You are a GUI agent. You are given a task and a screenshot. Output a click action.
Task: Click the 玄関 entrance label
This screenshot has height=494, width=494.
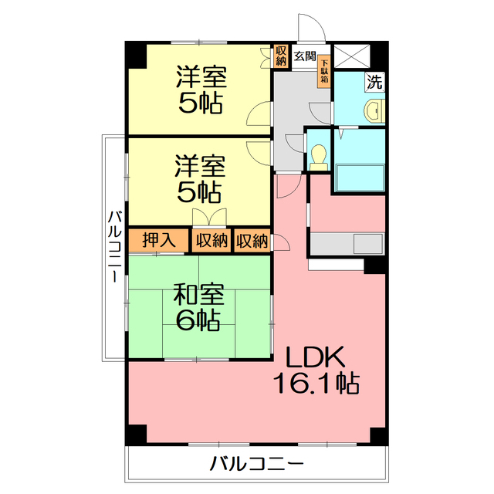pyautogui.click(x=305, y=56)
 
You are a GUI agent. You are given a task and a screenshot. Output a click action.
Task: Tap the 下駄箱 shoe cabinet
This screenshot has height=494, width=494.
pyautogui.click(x=324, y=71)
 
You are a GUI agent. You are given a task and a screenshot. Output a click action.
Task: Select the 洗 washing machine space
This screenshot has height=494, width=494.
pyautogui.click(x=374, y=82)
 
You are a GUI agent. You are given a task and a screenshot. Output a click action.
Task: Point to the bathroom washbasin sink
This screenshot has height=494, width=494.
pyautogui.click(x=374, y=110)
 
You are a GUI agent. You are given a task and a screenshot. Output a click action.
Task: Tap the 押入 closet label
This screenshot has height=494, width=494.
pyautogui.click(x=159, y=240)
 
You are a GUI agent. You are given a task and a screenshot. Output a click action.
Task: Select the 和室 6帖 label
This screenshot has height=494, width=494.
pyautogui.click(x=198, y=306)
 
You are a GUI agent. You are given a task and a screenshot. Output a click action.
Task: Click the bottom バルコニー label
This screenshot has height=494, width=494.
pyautogui.click(x=257, y=463)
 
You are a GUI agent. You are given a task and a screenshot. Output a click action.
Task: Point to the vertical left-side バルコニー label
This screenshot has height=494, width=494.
pyautogui.click(x=115, y=246)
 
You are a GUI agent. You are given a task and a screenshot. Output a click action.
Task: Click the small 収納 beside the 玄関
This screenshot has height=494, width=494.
pyautogui.click(x=281, y=56)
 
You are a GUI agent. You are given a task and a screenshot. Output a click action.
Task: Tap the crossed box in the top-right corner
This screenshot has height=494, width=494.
pyautogui.click(x=352, y=56)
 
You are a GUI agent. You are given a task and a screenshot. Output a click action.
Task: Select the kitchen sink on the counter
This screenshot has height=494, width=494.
pyautogui.click(x=368, y=243)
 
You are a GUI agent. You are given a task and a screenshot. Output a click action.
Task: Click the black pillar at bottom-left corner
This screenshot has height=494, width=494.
pyautogui.click(x=137, y=435)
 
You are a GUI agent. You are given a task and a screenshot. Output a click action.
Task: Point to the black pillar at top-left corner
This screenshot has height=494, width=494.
pyautogui.click(x=137, y=55)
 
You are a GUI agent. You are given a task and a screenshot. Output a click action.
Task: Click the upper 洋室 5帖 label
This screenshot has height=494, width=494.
pyautogui.click(x=201, y=90)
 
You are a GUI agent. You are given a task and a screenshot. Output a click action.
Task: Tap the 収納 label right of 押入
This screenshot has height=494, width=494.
pyautogui.click(x=211, y=241)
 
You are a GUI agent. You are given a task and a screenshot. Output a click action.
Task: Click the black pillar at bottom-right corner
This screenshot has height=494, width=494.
pyautogui.click(x=379, y=435)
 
